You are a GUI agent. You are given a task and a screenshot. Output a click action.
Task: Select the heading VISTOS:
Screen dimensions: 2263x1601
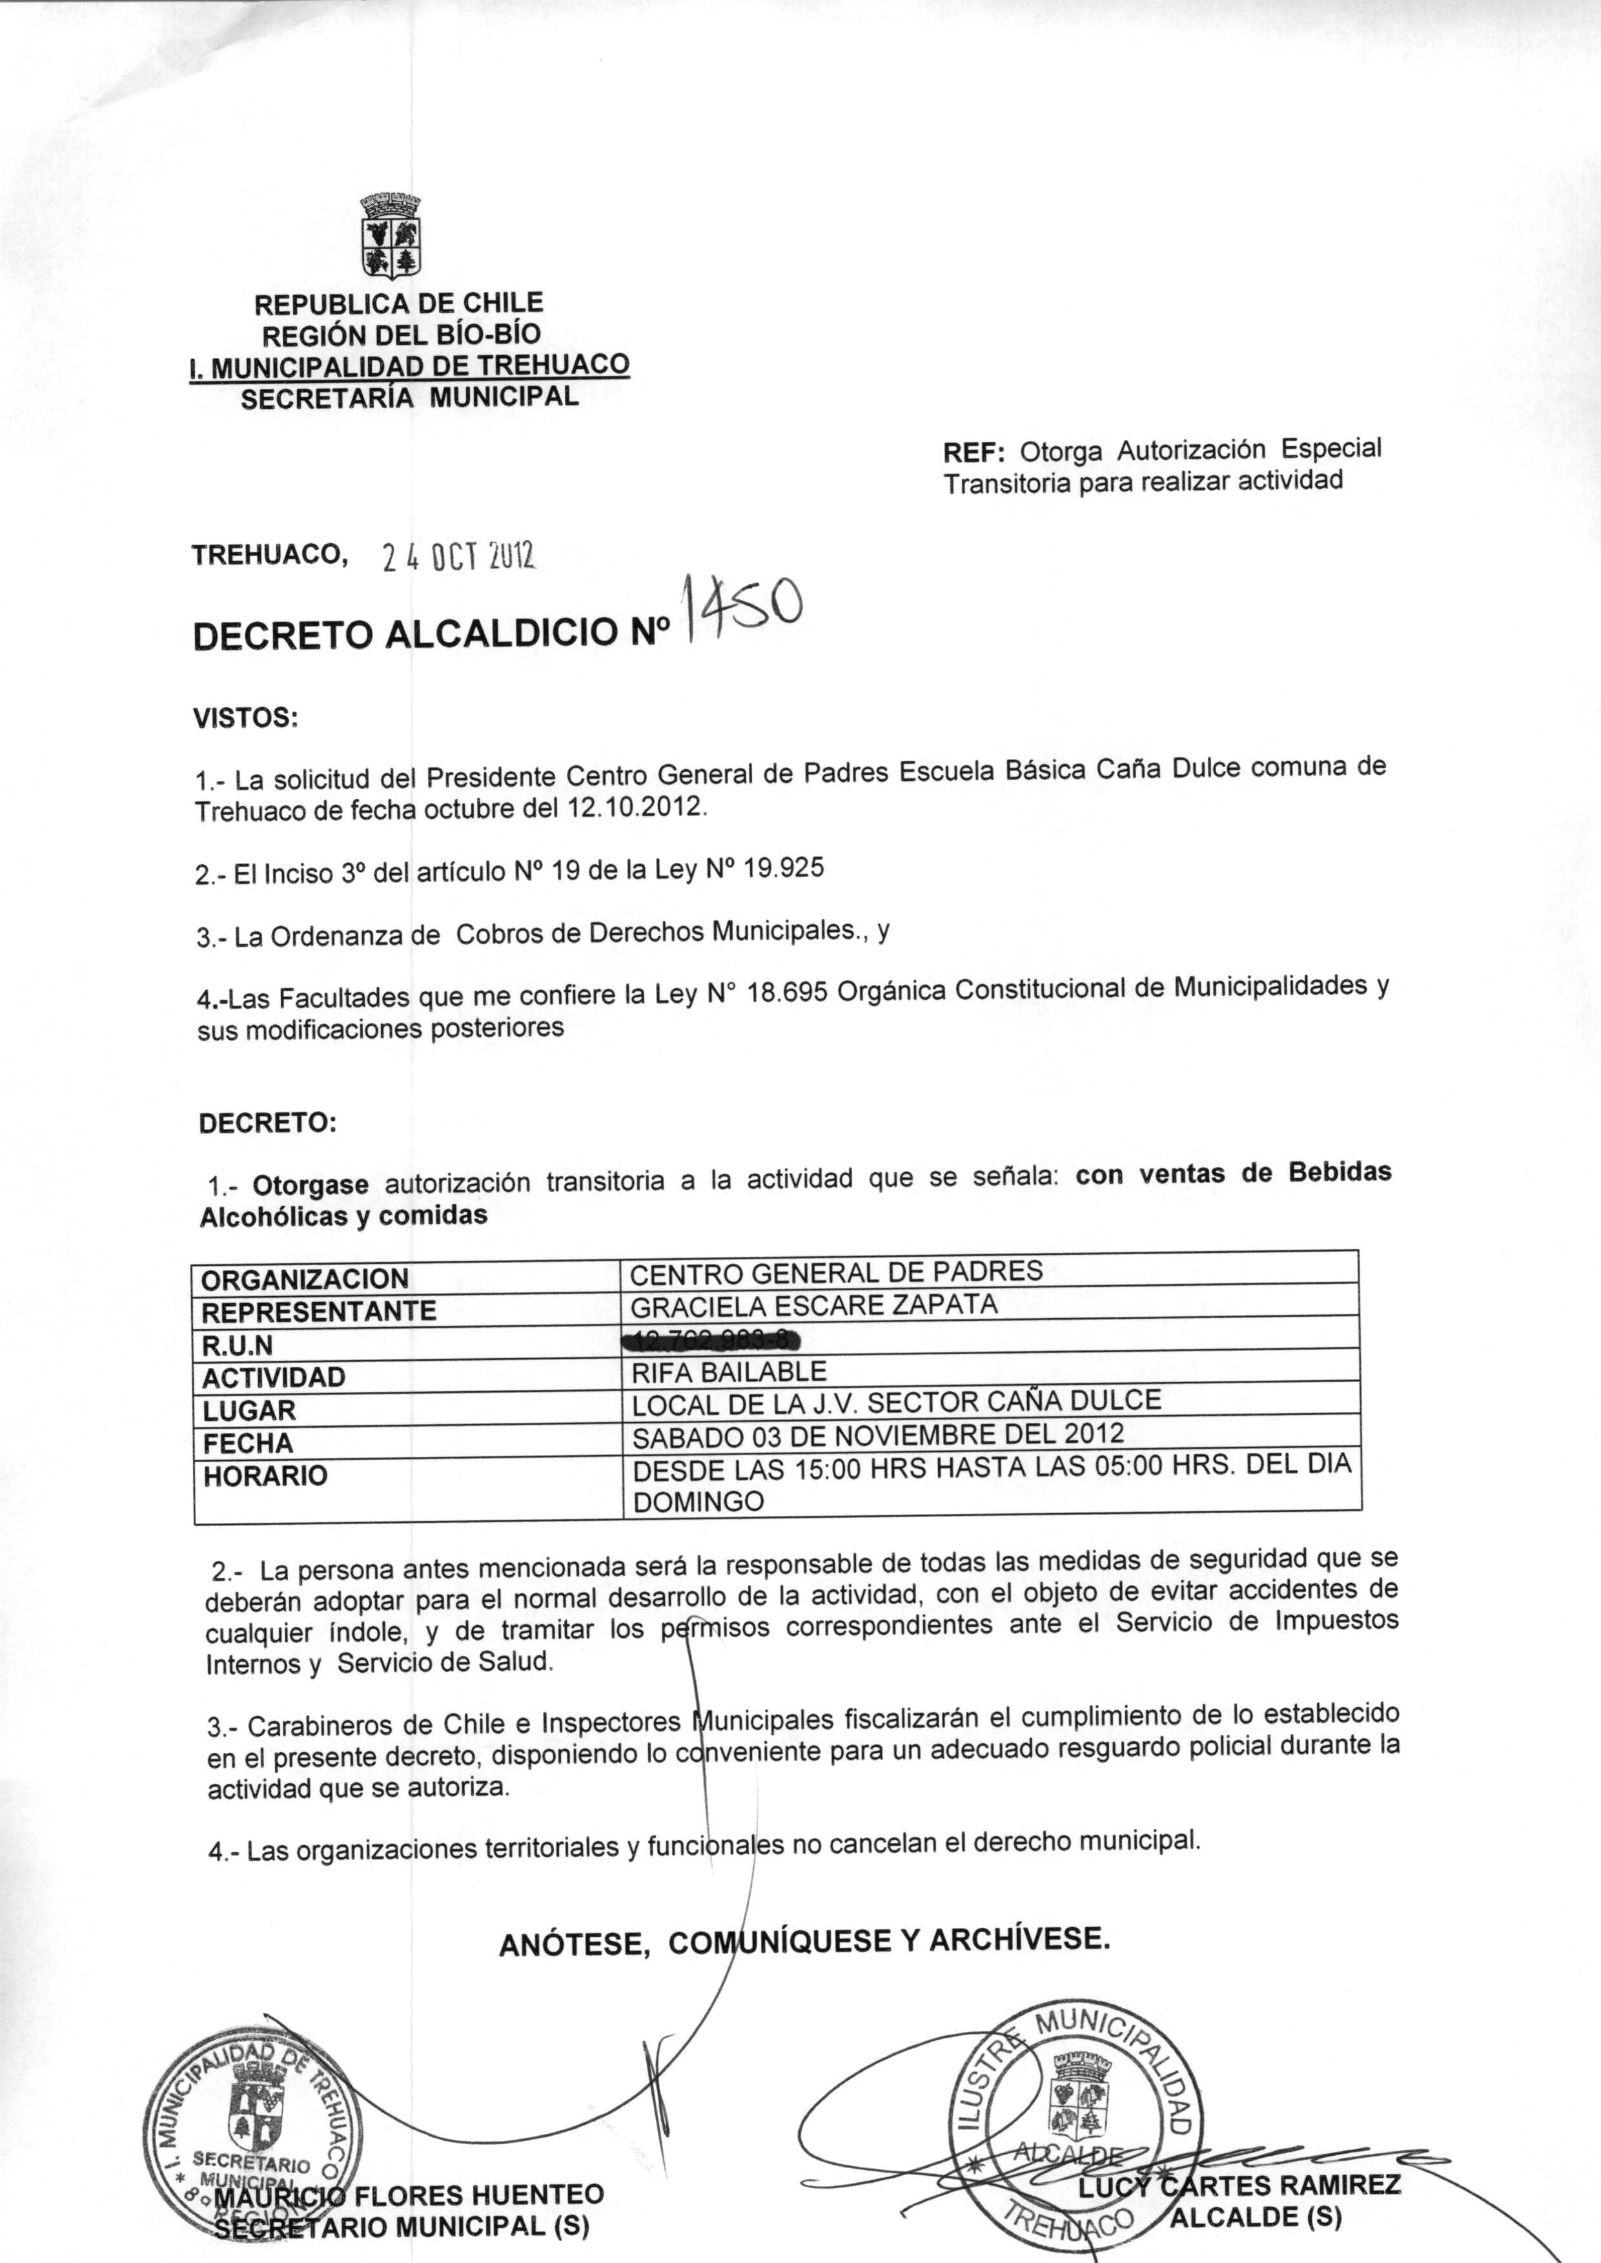(x=245, y=717)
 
